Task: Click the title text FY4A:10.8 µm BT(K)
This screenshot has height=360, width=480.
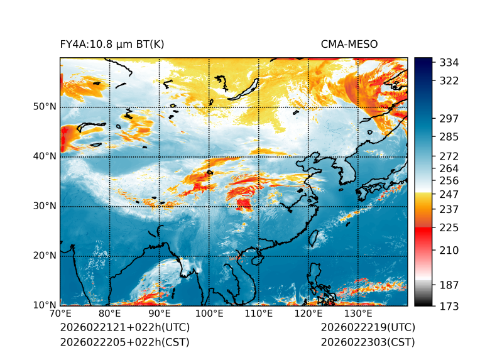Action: coord(112,45)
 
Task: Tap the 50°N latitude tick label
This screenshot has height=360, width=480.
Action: coord(45,107)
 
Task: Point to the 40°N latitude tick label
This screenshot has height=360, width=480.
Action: coord(45,156)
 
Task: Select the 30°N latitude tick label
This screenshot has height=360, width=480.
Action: coord(45,206)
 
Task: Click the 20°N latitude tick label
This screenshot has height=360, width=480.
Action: coord(45,256)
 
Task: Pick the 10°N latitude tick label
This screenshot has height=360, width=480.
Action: coord(45,305)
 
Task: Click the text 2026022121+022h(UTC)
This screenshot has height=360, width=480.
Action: coord(124,328)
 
